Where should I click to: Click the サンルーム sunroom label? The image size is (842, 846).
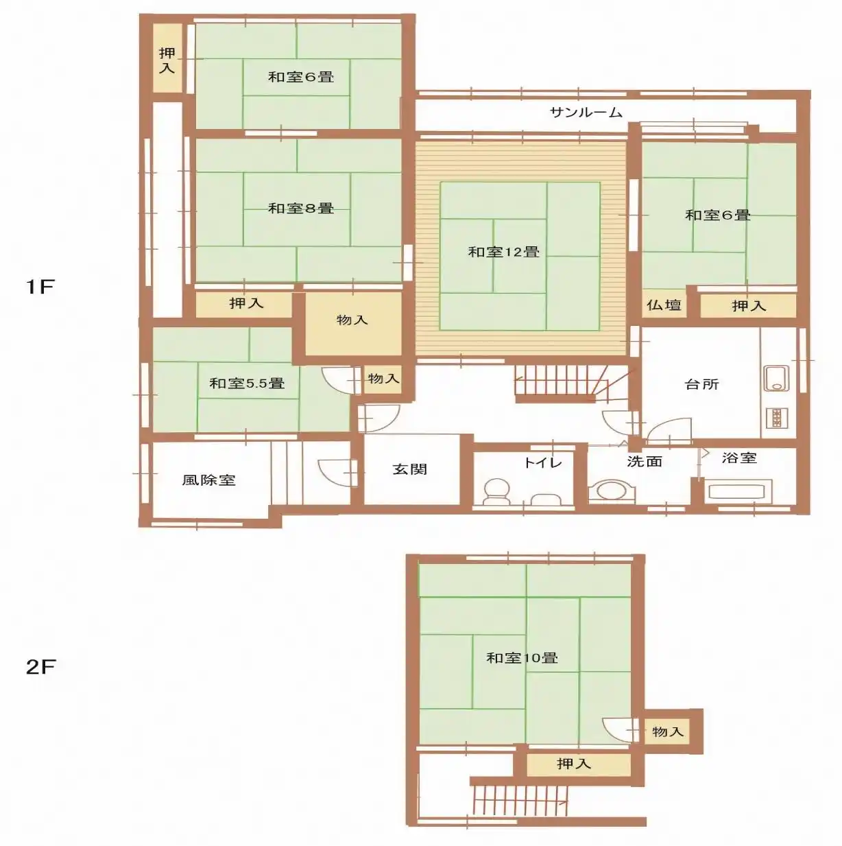tap(586, 113)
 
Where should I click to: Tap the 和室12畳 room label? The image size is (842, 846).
tap(504, 252)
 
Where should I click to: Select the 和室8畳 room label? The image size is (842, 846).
tap(301, 208)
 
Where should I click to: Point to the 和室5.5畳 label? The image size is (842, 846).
tap(247, 383)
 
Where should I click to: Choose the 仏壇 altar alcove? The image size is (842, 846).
tap(664, 305)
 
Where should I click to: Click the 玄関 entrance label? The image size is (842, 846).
tap(410, 469)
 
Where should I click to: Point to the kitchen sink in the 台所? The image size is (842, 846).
tap(777, 379)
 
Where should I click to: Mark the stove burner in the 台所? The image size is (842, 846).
tap(777, 418)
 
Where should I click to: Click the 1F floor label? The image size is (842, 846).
tap(40, 287)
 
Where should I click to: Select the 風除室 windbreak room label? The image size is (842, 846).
tap(209, 480)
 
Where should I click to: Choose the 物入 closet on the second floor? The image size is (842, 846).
tap(667, 731)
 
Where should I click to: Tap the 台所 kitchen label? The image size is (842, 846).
tap(701, 384)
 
